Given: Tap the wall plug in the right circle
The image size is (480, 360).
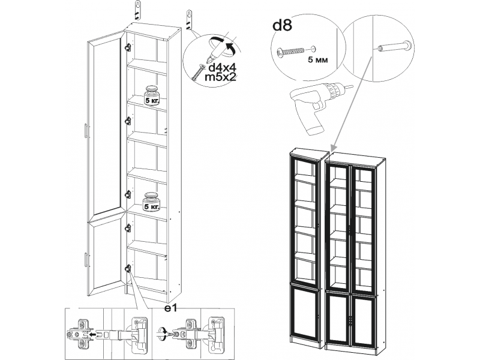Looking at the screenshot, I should pos(394,46).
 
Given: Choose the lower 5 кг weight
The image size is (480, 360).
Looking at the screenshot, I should pos(152,202).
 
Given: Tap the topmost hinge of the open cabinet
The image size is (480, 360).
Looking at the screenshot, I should pos(127,46).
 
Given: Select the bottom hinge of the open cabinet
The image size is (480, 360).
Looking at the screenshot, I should pos(127,268).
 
